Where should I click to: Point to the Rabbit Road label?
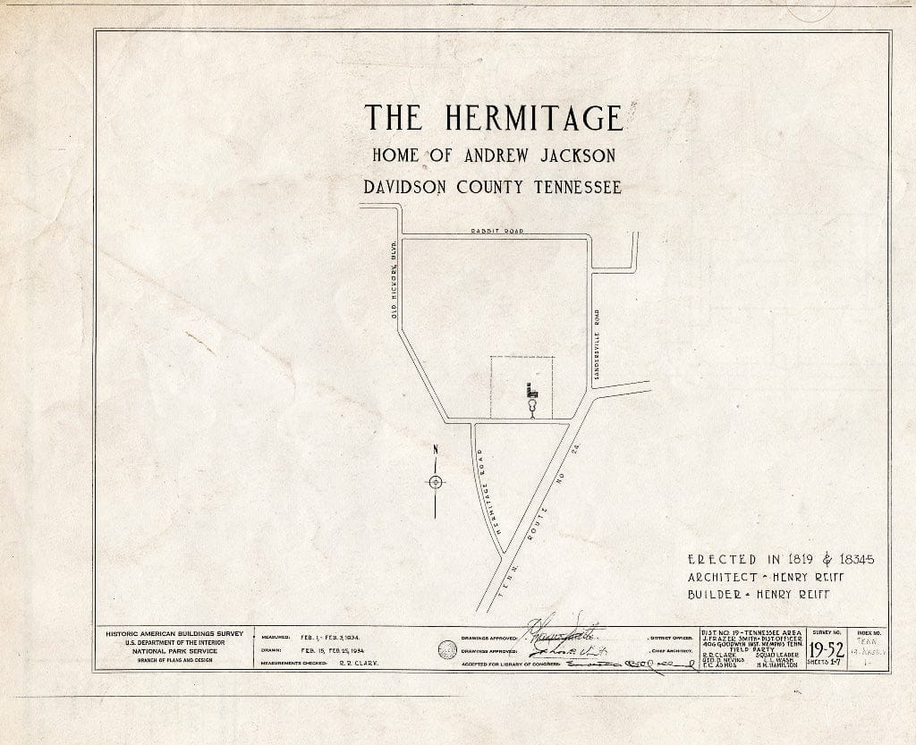tap(496, 231)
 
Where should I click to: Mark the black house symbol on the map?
tap(531, 391)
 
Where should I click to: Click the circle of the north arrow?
tap(435, 482)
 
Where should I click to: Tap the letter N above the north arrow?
tap(435, 450)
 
